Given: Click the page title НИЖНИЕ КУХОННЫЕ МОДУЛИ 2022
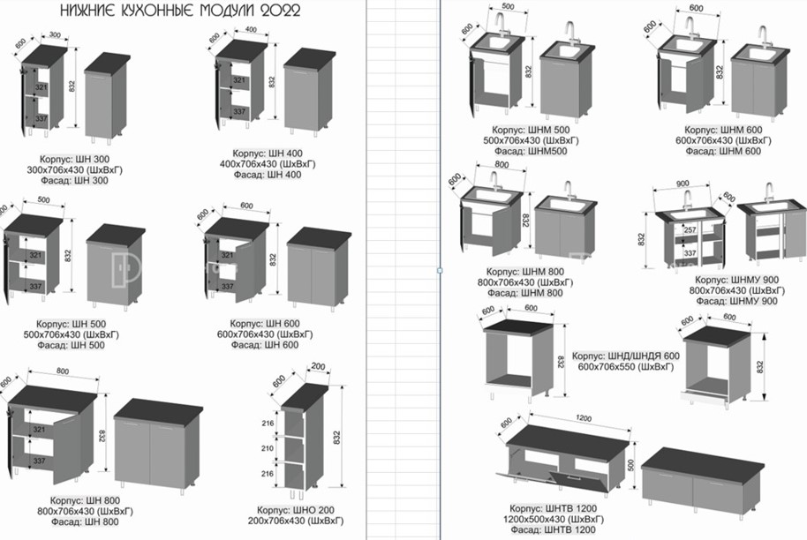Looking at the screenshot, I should point(179,11).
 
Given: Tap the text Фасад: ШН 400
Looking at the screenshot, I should point(268,175).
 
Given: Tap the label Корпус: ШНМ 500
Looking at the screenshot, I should point(525,130).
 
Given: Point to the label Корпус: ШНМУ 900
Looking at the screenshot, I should point(735,280).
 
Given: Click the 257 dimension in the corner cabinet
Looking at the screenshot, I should point(689,230).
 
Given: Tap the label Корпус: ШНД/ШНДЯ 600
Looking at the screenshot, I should point(626,356).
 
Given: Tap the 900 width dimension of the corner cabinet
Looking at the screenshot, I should point(683,184).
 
